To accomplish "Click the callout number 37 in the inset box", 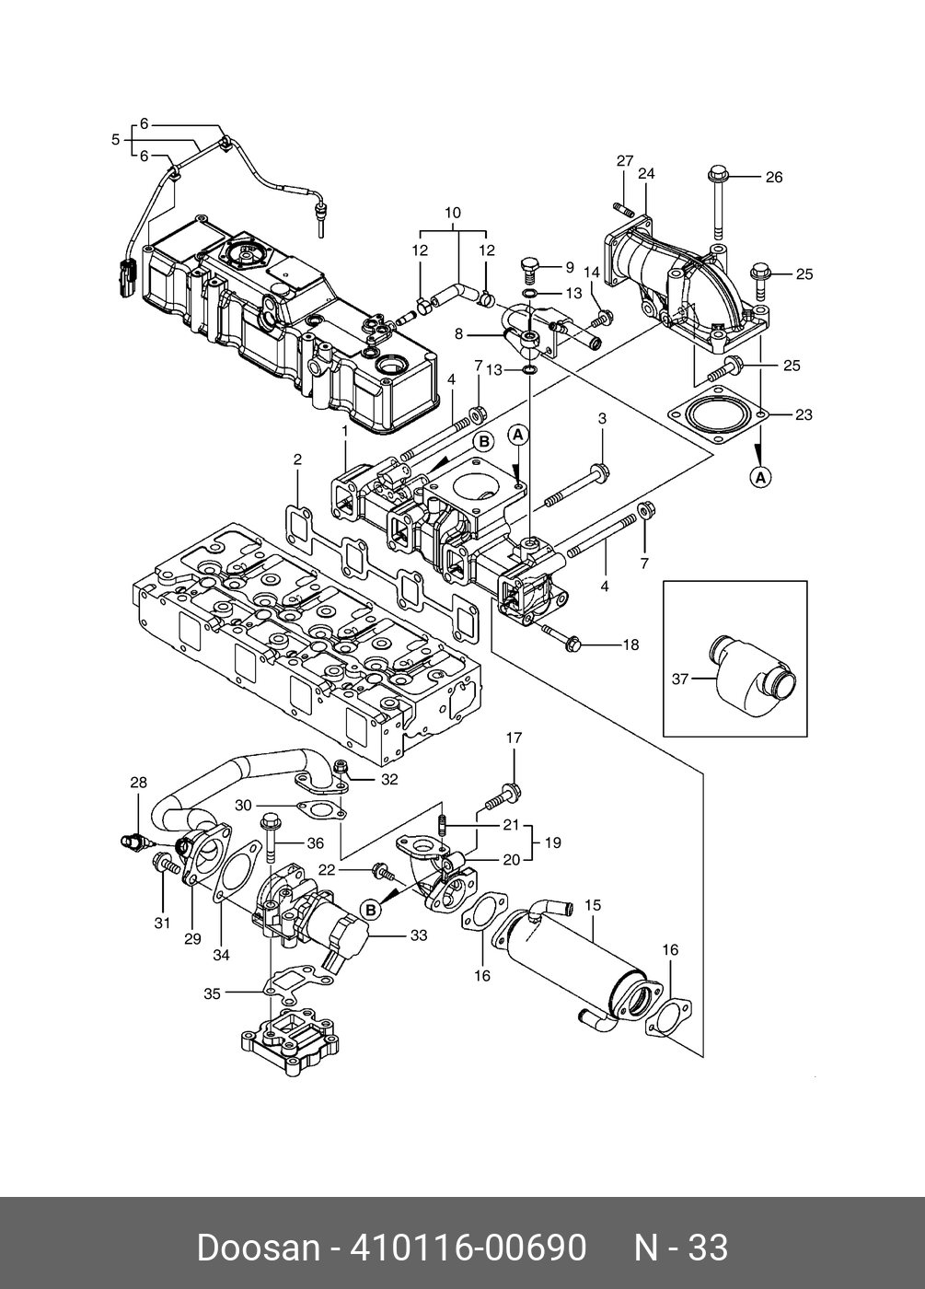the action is click(x=680, y=679).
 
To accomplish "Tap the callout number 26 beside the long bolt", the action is click(x=774, y=177).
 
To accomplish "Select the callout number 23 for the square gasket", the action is click(x=804, y=414).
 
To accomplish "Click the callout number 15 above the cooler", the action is click(x=593, y=905).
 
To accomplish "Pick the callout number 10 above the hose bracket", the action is click(x=453, y=213).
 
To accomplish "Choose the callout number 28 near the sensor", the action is click(x=138, y=783).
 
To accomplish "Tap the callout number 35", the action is click(x=213, y=993).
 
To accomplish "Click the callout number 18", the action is click(x=631, y=645).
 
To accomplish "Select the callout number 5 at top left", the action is click(x=116, y=140).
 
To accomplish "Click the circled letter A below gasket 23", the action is click(x=760, y=477).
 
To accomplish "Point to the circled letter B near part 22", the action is click(x=371, y=911).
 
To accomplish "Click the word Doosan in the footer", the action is click(x=258, y=1248).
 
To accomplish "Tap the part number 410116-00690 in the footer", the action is click(x=468, y=1248).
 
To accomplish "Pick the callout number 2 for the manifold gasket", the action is click(x=297, y=459).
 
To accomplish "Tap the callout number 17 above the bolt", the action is click(x=514, y=737).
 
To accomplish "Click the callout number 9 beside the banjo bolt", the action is click(x=570, y=267).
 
